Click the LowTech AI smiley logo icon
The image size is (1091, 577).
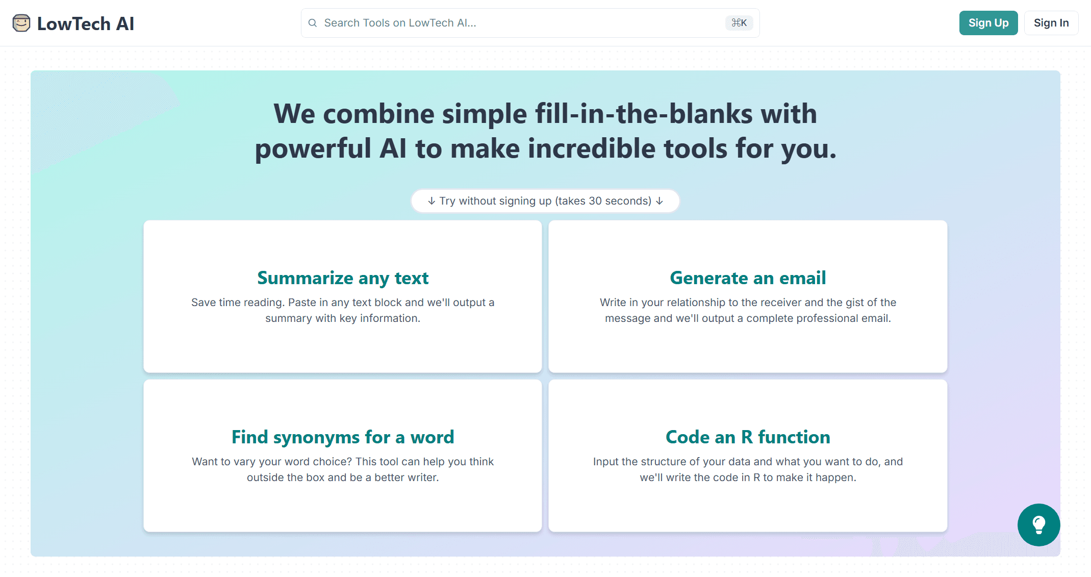[21, 23]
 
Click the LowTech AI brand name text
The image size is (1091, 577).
[86, 23]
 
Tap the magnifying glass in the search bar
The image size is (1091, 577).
[313, 23]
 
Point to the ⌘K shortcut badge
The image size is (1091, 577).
[739, 23]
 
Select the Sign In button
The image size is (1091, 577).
[1051, 23]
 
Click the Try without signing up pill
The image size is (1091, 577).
[545, 201]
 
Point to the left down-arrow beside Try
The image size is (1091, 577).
[432, 201]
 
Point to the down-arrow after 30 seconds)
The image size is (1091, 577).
[659, 201]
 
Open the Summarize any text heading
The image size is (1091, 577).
[343, 278]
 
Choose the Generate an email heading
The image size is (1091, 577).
[748, 278]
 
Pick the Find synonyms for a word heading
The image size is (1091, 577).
[343, 437]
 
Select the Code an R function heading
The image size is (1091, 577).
[748, 437]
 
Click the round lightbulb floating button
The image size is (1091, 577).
[1038, 525]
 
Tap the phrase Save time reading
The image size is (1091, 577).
[238, 303]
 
